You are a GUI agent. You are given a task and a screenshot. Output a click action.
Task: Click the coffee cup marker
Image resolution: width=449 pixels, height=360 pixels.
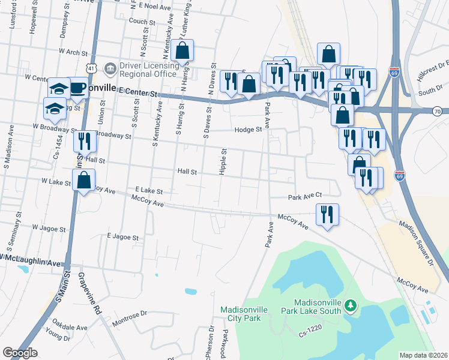point(77,88)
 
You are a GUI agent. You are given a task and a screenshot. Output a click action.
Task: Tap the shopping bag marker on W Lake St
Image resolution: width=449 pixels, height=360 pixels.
point(84,179)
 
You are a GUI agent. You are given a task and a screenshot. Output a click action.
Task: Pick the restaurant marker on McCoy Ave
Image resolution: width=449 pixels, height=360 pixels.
point(327,215)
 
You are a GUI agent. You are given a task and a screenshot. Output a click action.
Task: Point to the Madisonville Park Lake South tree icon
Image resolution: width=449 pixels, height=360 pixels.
point(351,307)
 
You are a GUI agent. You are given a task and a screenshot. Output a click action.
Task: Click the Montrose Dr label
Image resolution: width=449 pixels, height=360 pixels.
point(130,316)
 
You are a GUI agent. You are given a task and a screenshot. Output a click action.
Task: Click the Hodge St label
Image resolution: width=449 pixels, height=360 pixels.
point(249,129)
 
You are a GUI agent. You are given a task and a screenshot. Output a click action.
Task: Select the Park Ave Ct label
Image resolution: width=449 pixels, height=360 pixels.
point(305,196)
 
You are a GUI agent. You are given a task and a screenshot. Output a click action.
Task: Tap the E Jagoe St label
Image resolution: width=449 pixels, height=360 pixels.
point(122,237)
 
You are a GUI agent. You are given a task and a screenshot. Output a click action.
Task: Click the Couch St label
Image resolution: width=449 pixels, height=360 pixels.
point(142,20)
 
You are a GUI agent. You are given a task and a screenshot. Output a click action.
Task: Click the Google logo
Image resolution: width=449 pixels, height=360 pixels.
point(20,353)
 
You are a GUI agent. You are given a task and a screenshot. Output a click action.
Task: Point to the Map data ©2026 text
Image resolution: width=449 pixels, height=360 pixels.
point(423,355)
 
